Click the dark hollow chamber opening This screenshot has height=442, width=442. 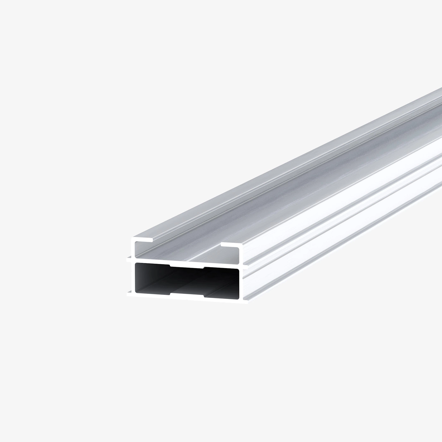pyautogui.click(x=186, y=279)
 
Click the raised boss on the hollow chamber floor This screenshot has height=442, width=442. pyautogui.click(x=187, y=294)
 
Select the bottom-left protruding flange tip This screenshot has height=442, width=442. pyautogui.click(x=128, y=295)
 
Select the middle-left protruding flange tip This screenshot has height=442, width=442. pyautogui.click(x=128, y=260)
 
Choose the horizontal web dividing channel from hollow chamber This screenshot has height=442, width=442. pyautogui.click(x=186, y=262)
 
